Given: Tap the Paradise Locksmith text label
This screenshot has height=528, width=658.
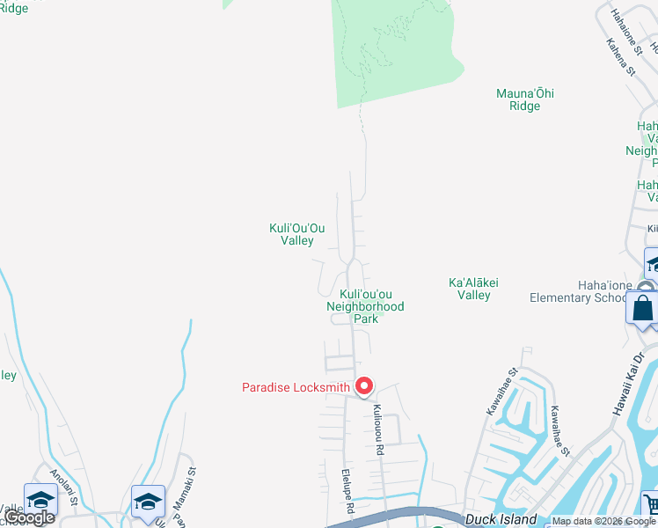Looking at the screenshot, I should pos(296,387).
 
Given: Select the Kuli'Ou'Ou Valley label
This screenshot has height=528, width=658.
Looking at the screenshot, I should pos(291,234).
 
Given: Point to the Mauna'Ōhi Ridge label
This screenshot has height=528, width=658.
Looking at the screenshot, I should pos(524,99).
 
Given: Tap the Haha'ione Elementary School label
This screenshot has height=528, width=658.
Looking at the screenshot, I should pos(579,297).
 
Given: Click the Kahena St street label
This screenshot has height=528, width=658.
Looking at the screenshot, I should pos(621,57).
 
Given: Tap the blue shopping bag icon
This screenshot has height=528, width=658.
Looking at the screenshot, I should pos(642,309).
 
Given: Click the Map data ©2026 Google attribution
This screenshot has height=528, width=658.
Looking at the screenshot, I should pos(603,521).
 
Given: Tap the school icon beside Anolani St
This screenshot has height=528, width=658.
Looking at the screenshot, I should pos(40,500).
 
